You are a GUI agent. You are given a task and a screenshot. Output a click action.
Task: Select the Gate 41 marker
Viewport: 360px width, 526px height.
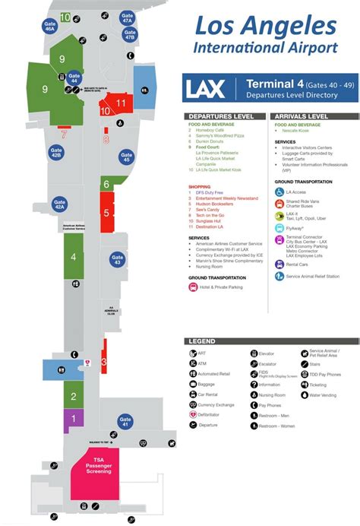[x=125, y=421]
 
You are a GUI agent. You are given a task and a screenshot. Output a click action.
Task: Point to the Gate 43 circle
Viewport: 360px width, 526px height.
[x=116, y=260]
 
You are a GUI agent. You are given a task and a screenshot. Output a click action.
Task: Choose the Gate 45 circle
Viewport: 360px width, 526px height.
[x=127, y=157]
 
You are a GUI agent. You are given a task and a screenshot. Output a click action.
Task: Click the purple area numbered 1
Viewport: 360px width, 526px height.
[x=74, y=418]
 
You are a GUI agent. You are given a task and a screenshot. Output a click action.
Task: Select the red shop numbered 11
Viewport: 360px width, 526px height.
[x=121, y=103]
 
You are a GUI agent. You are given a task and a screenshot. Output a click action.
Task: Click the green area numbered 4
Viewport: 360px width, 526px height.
[x=73, y=257]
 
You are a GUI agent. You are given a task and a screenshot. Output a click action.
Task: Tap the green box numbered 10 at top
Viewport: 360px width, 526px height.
[x=66, y=17]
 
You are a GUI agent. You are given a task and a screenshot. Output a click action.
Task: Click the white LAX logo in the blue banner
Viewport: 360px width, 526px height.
[x=205, y=88]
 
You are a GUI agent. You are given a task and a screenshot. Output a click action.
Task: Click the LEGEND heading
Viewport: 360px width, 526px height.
[x=201, y=341]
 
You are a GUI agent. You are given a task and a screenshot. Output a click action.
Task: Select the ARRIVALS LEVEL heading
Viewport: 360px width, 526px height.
[x=301, y=116]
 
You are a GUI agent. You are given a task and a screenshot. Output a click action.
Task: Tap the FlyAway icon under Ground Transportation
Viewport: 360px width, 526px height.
[x=279, y=227]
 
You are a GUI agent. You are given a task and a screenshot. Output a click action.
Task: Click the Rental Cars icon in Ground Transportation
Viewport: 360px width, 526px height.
[x=279, y=265]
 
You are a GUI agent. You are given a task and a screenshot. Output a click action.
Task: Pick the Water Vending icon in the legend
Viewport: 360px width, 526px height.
[x=304, y=394]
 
